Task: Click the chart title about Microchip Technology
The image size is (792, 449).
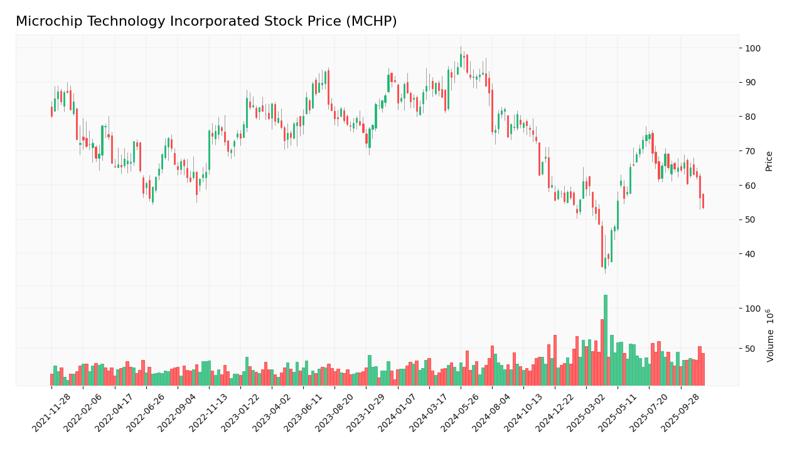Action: tap(206, 22)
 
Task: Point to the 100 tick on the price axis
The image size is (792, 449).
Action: tap(753, 48)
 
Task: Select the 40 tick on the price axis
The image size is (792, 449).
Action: tap(751, 254)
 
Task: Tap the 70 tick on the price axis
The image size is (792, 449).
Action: tap(751, 151)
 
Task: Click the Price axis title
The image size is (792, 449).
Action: tap(769, 161)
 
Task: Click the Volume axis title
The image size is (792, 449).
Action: tap(771, 335)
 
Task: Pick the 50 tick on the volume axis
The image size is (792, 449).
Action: tap(751, 349)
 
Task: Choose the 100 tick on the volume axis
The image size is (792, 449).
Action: tap(753, 309)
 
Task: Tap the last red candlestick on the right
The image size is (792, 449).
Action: tap(703, 201)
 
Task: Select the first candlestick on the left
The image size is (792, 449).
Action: tap(51, 112)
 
